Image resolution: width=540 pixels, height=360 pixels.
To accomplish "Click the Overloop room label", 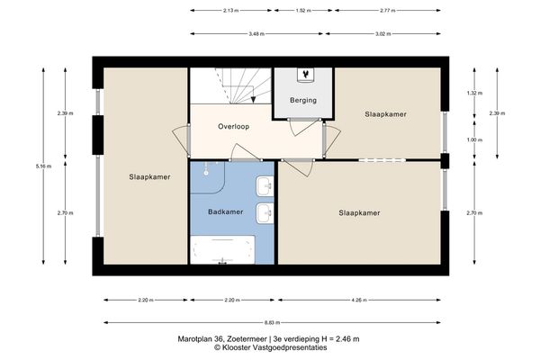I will click(233, 127).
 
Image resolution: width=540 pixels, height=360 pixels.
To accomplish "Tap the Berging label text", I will click(302, 100).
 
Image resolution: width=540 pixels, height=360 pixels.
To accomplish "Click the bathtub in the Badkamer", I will click(221, 248).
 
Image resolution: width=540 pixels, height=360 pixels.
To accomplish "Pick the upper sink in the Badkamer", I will click(265, 186).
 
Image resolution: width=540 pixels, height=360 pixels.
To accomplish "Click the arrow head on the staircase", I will click(254, 100).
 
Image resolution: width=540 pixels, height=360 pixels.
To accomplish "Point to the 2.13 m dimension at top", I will click(229, 11).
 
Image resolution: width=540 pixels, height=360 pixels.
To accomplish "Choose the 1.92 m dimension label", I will click(302, 11).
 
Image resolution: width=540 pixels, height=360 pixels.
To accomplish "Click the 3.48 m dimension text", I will click(230, 33).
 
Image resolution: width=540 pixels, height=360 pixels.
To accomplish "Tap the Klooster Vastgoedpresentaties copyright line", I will click(269, 347).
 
